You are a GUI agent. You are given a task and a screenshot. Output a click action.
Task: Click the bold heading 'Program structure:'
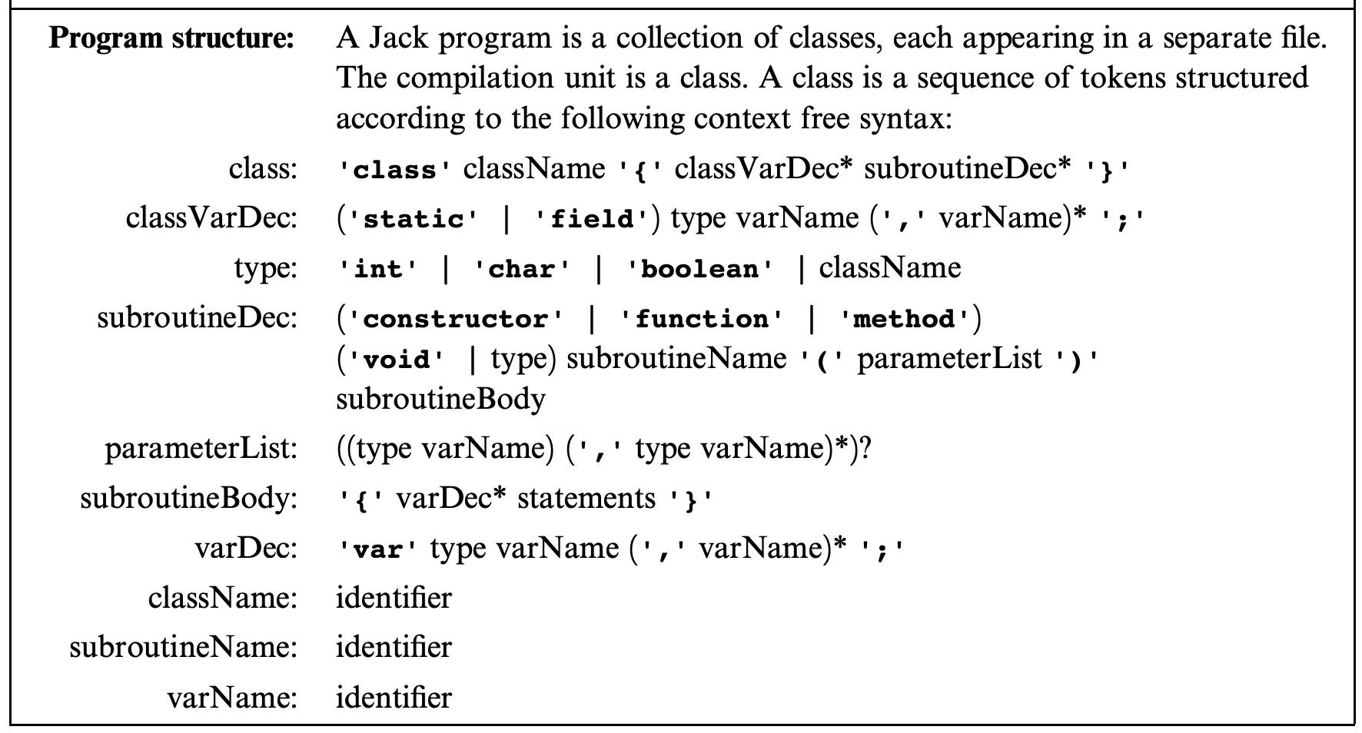tap(171, 38)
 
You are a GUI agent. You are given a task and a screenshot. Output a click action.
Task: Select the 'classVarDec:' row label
tap(211, 218)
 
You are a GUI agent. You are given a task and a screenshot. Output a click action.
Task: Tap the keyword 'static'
tap(414, 221)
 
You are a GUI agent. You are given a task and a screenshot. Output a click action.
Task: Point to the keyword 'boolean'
tap(699, 270)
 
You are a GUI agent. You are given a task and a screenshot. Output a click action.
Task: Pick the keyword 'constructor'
tap(456, 320)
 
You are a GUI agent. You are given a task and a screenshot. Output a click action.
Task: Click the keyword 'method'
tap(903, 320)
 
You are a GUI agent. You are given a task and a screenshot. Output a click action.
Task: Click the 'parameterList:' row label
tap(201, 449)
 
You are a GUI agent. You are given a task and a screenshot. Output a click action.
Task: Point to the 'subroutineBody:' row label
tap(188, 499)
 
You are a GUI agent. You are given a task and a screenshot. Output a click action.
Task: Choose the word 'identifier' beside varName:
tap(394, 698)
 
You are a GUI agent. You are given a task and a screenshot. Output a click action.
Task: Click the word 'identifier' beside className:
tap(394, 598)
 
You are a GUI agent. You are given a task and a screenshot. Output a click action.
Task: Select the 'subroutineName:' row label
tap(183, 648)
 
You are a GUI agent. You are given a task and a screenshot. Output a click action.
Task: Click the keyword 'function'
tap(701, 320)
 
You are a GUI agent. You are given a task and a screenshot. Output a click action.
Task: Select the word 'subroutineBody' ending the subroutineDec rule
tap(440, 399)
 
